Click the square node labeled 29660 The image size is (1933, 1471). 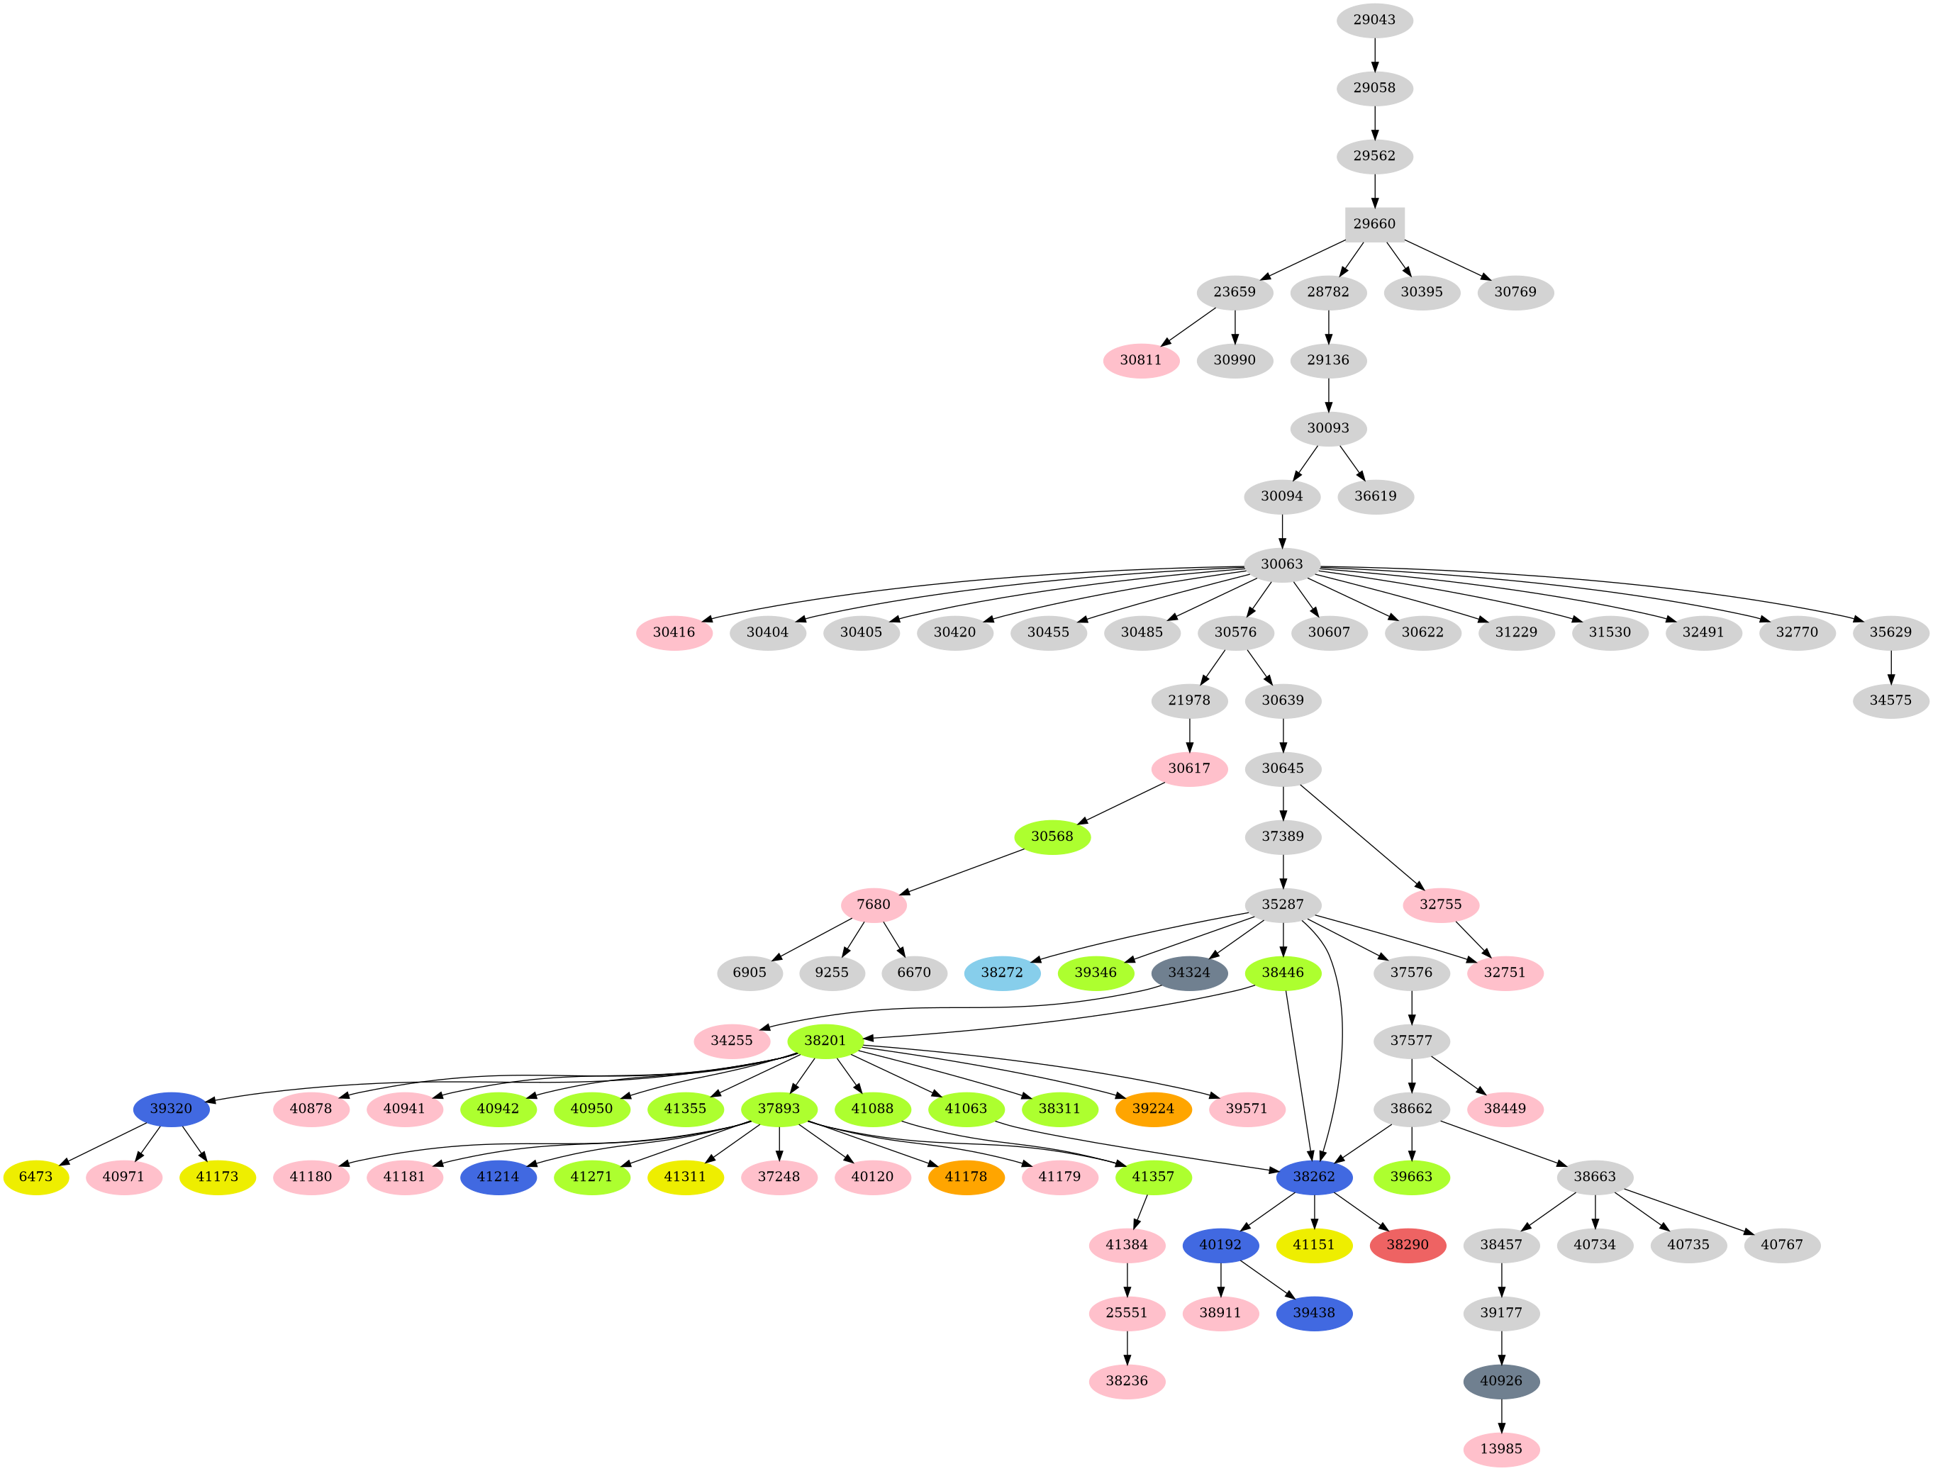1374,224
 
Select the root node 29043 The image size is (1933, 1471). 1374,20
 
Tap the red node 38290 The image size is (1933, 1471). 1407,1245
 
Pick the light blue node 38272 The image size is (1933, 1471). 1002,973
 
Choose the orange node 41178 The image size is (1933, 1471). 965,1177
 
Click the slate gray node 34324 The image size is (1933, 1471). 1188,973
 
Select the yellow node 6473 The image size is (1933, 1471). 36,1177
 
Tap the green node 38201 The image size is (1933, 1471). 825,1040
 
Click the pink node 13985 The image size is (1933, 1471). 1500,1449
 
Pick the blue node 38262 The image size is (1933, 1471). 1313,1177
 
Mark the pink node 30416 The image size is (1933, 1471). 674,632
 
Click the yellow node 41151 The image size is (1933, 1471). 1313,1245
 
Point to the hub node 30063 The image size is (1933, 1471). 1281,564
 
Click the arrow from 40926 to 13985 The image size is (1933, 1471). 1500,1414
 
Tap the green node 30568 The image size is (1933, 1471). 1051,837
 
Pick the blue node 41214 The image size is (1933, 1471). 498,1177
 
